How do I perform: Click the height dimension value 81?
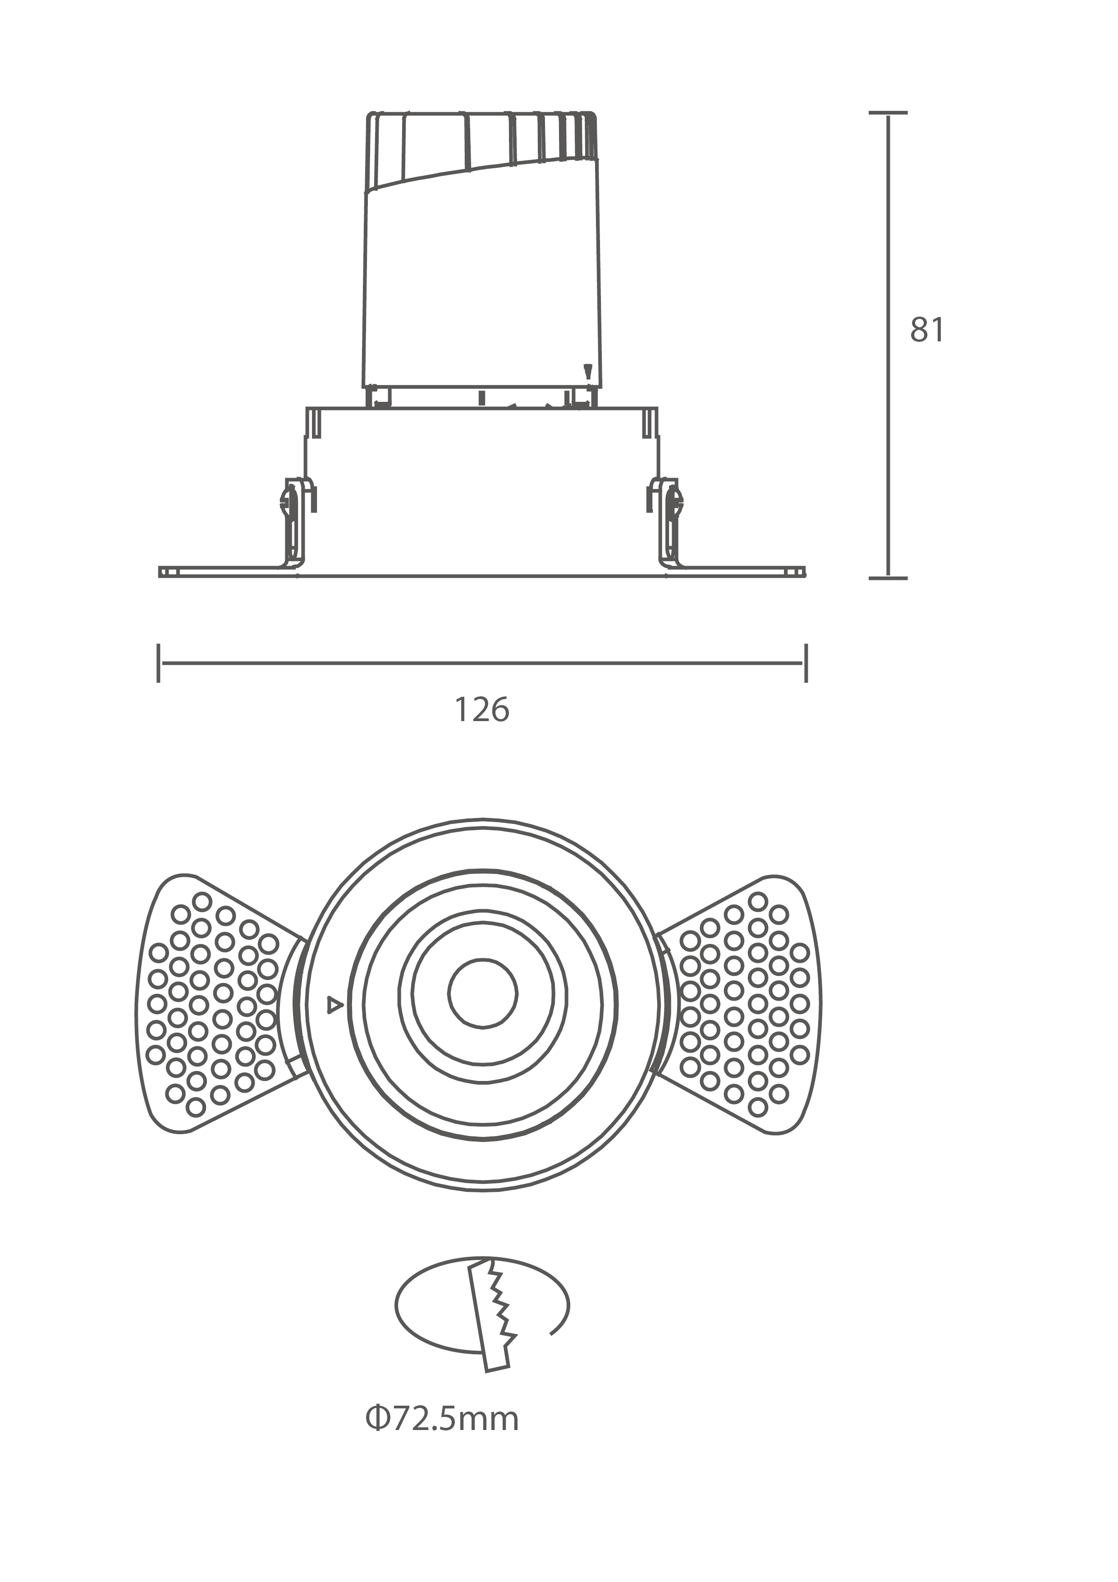click(x=927, y=330)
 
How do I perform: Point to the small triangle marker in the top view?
click(x=335, y=1005)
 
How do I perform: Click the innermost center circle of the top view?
click(x=482, y=993)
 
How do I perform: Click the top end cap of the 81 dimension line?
click(x=888, y=112)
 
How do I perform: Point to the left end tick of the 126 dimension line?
click(x=158, y=663)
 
